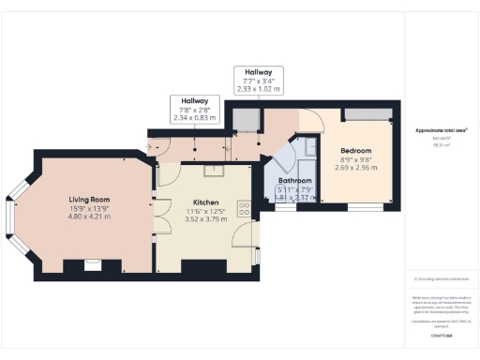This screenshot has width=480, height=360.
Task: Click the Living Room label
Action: (91, 200)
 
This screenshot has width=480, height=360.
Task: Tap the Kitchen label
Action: (205, 202)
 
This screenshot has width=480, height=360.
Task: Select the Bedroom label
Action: (356, 151)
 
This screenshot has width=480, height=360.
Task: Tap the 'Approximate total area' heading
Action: (441, 129)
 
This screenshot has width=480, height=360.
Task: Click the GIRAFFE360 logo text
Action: (441, 335)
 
